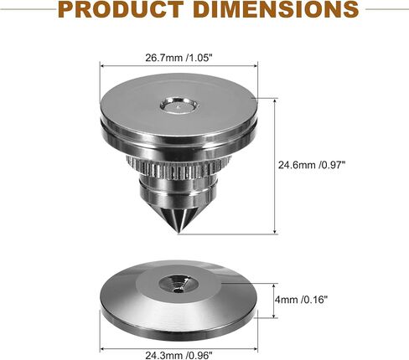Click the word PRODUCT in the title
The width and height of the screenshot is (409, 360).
pyautogui.click(x=121, y=9)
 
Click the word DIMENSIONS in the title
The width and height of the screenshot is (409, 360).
pyautogui.click(x=276, y=9)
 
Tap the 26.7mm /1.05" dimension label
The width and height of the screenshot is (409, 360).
pyautogui.click(x=179, y=58)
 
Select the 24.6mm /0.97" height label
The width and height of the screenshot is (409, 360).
pyautogui.click(x=312, y=165)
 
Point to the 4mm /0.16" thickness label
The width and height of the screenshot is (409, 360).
pyautogui.click(x=301, y=300)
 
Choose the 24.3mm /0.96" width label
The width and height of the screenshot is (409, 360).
pyautogui.click(x=179, y=355)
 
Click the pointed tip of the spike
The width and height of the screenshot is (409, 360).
pyautogui.click(x=179, y=233)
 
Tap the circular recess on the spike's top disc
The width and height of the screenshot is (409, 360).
pyautogui.click(x=180, y=105)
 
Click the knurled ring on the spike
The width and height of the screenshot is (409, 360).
pyautogui.click(x=179, y=167)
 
